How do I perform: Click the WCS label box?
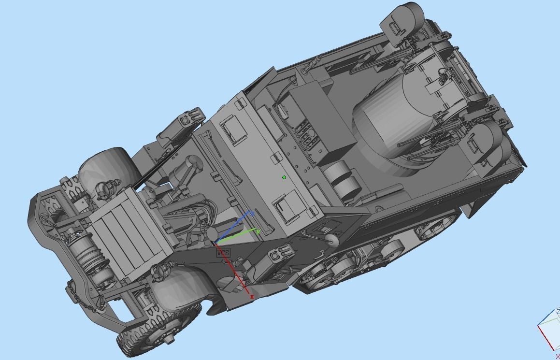click(x=223, y=252)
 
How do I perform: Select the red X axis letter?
click(x=252, y=297)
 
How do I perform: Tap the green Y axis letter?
click(x=258, y=231)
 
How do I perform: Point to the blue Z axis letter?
click(x=252, y=213)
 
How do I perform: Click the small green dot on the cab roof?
click(x=284, y=177)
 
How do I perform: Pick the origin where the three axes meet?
click(x=215, y=243)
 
